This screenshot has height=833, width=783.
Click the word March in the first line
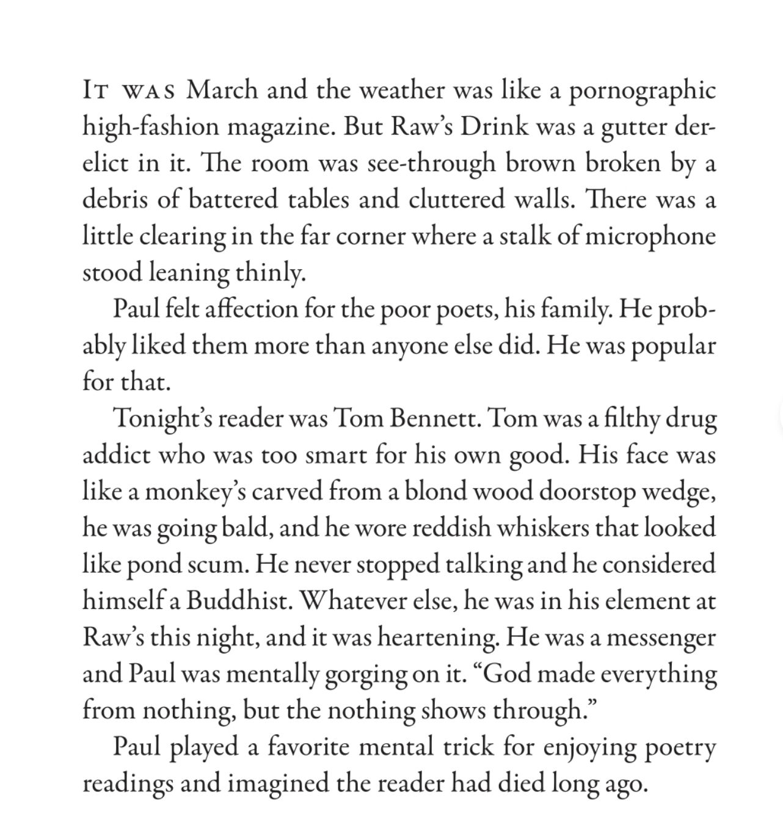[x=222, y=91]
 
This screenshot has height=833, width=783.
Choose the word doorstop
[x=588, y=492]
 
